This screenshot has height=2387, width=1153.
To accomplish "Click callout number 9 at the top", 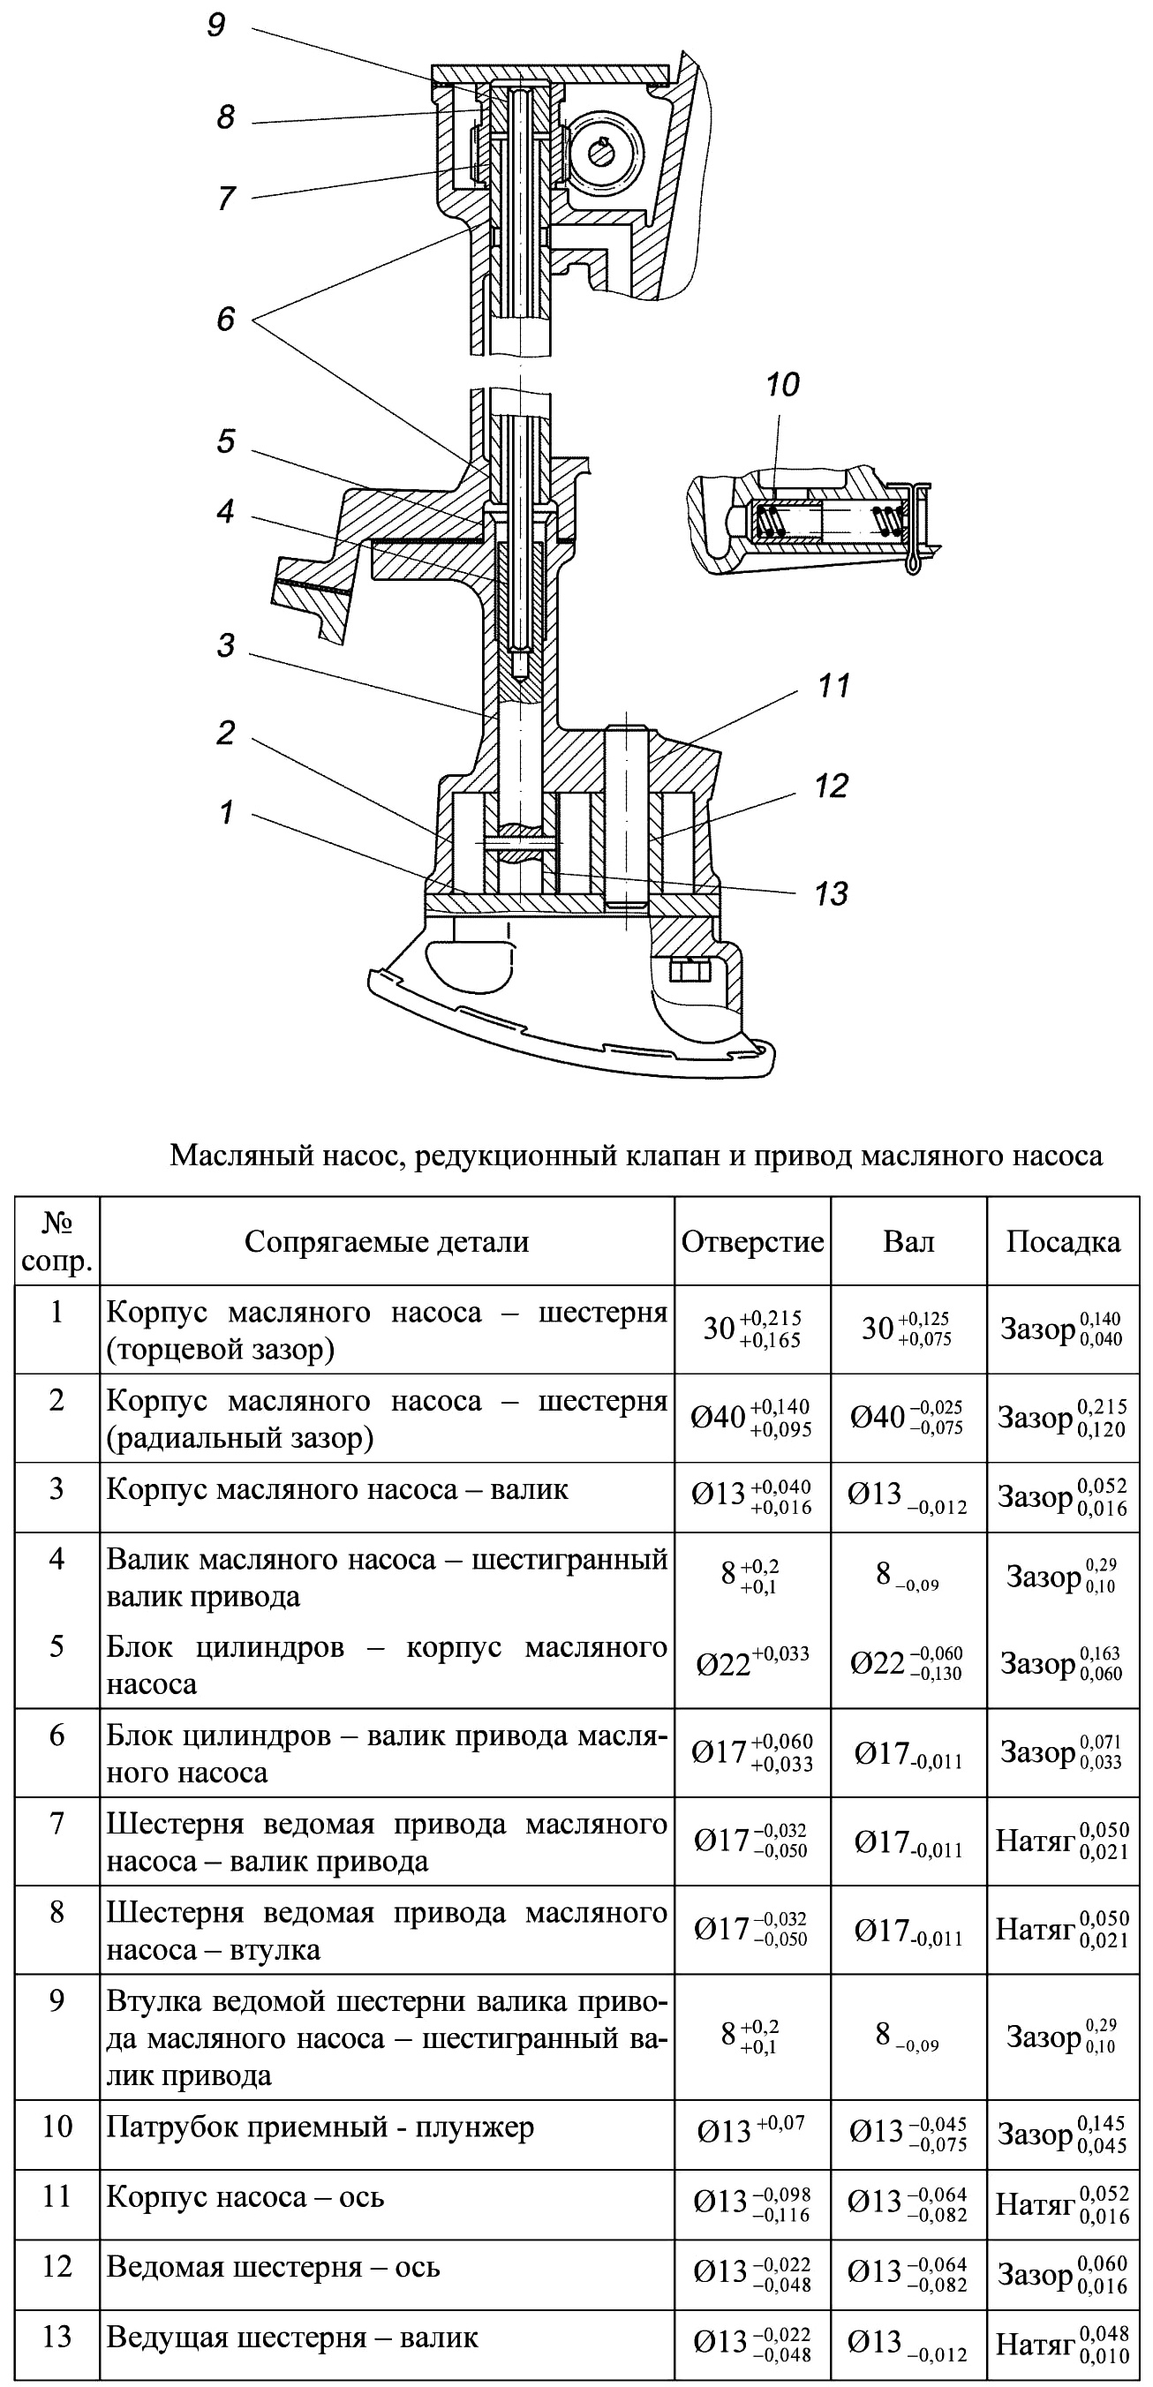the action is click(x=216, y=24).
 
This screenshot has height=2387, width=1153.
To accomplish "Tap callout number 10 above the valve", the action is click(x=782, y=385).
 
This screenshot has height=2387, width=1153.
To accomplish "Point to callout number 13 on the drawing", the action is click(x=831, y=893).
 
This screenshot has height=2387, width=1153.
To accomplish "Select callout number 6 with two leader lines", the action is click(x=226, y=319).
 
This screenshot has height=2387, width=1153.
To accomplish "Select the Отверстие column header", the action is click(x=752, y=1242).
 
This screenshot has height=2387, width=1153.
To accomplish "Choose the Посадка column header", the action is click(x=1063, y=1242).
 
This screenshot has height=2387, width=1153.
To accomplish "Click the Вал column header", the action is click(x=909, y=1242).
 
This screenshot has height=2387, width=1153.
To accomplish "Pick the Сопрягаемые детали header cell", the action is click(x=387, y=1242).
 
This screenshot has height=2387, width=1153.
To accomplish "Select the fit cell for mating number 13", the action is click(x=1063, y=2345).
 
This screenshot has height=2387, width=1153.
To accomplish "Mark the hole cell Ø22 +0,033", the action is click(x=752, y=1663).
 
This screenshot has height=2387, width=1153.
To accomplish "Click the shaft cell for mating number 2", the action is click(x=909, y=1418).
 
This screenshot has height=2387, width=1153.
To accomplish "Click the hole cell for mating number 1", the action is click(x=752, y=1329).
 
